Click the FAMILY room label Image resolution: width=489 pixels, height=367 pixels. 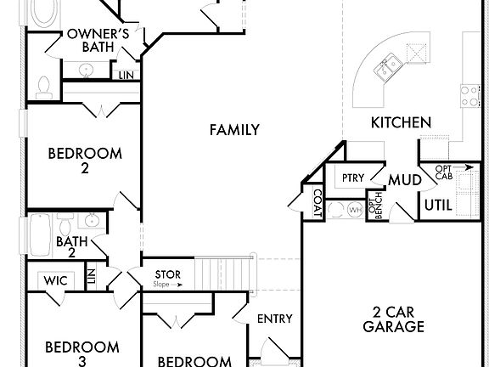233,130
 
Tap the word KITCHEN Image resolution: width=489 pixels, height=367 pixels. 400,123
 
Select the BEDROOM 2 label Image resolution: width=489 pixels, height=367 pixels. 84,161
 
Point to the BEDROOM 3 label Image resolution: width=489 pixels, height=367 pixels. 81,353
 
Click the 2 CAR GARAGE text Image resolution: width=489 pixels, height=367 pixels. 393,319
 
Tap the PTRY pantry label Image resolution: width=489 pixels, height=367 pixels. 352,178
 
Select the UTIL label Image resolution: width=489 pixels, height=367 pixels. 439,205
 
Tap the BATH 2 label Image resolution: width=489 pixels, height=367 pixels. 72,246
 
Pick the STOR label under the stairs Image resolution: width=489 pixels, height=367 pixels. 166,275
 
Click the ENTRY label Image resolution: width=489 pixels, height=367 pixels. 275,319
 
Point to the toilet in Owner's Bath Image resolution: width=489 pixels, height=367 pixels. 44,85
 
